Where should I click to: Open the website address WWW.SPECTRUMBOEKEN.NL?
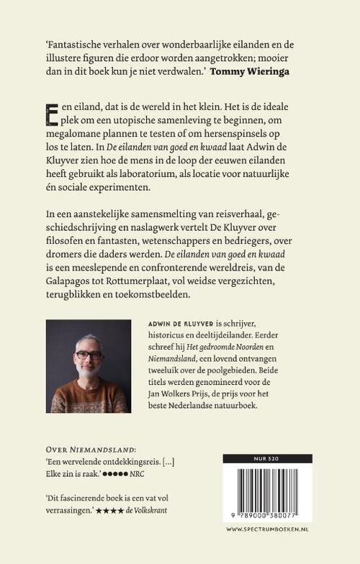(267, 529)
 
